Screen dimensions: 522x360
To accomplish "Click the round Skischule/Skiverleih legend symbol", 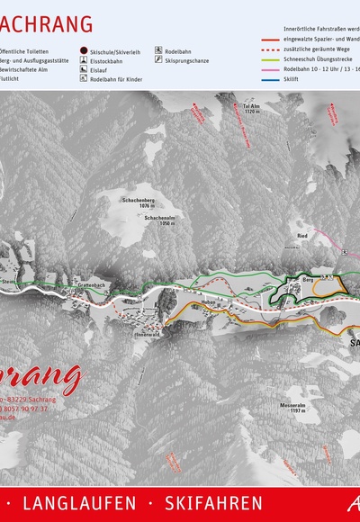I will click(x=84, y=52).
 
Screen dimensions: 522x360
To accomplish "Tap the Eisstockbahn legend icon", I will click(x=84, y=61).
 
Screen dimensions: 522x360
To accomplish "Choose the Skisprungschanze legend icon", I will click(x=158, y=61).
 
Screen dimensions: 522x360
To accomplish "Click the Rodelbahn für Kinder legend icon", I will click(x=84, y=79).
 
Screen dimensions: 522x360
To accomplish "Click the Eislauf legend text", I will click(x=99, y=70).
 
